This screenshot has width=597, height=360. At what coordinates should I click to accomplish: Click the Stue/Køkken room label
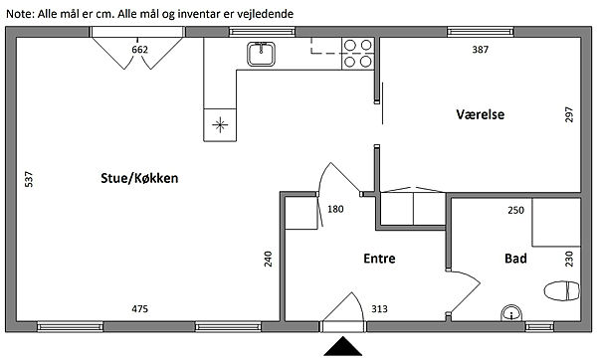pyautogui.click(x=139, y=178)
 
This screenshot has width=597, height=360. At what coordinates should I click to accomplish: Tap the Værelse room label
pyautogui.click(x=481, y=114)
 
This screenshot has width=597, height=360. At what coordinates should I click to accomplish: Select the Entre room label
pyautogui.click(x=379, y=259)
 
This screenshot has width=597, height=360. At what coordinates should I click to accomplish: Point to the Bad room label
pyautogui.click(x=515, y=259)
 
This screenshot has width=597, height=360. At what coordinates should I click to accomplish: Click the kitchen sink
pyautogui.click(x=261, y=54)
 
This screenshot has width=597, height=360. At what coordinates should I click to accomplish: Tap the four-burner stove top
pyautogui.click(x=358, y=54)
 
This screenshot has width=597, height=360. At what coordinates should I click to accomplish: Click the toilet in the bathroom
pyautogui.click(x=562, y=290)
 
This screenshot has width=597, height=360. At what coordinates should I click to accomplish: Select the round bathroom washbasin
pyautogui.click(x=511, y=313)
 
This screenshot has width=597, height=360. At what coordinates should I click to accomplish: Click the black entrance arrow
pyautogui.click(x=343, y=346)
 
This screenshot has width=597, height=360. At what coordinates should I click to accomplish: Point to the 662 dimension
pyautogui.click(x=139, y=50)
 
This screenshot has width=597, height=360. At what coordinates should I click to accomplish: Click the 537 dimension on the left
pyautogui.click(x=29, y=179)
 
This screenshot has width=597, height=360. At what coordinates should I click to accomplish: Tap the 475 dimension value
pyautogui.click(x=139, y=309)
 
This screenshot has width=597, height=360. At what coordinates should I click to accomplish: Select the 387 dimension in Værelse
pyautogui.click(x=481, y=49)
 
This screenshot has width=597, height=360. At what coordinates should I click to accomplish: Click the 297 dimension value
pyautogui.click(x=569, y=114)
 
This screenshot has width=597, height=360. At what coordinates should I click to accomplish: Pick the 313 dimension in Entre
pyautogui.click(x=380, y=309)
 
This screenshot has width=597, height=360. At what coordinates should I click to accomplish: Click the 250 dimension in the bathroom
pyautogui.click(x=515, y=210)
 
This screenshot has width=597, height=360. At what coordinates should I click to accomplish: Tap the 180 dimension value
pyautogui.click(x=335, y=209)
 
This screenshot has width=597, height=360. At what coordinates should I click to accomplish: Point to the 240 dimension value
pyautogui.click(x=268, y=259)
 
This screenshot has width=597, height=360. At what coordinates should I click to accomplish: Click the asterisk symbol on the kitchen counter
pyautogui.click(x=220, y=125)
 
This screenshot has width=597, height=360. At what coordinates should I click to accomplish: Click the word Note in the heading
pyautogui.click(x=20, y=14)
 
